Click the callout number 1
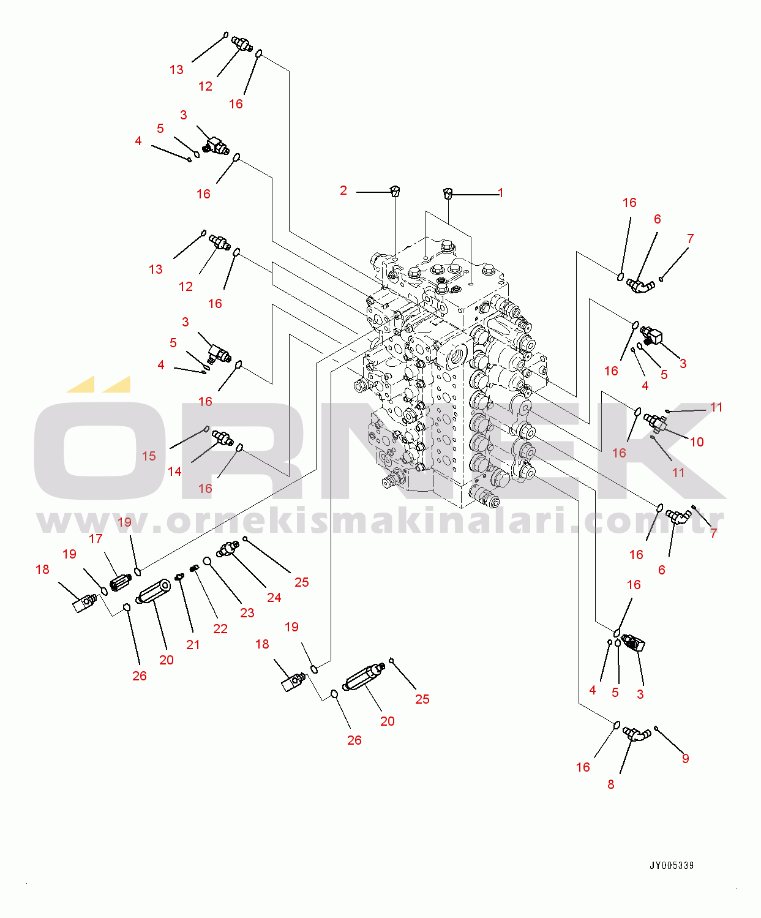[x=500, y=193]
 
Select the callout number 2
[x=343, y=190]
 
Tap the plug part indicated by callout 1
[x=448, y=194]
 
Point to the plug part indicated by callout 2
[x=395, y=191]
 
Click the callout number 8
[x=610, y=784]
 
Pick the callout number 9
[x=685, y=758]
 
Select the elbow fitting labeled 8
[x=636, y=733]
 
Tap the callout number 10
[x=697, y=442]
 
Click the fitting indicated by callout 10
[x=656, y=421]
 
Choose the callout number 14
[x=174, y=471]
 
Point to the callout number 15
[x=149, y=456]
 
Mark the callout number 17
[x=96, y=538]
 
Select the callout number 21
[x=193, y=644]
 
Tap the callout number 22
[x=220, y=628]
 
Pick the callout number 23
[x=247, y=612]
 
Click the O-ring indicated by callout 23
[x=207, y=560]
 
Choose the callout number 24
[x=274, y=597]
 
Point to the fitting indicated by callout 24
[x=228, y=548]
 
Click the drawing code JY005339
[x=672, y=865]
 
